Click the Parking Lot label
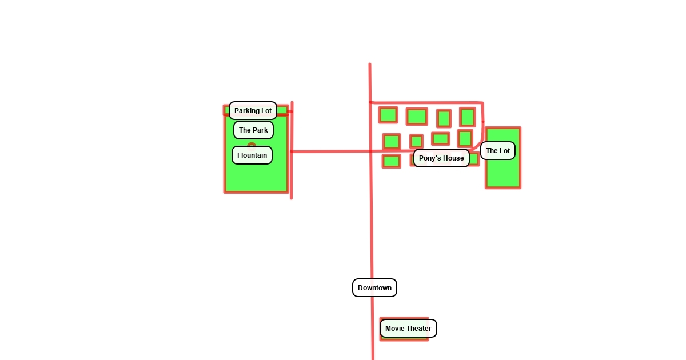pyautogui.click(x=253, y=111)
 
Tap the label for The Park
pyautogui.click(x=253, y=130)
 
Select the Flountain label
pyautogui.click(x=252, y=155)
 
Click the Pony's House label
pyautogui.click(x=441, y=158)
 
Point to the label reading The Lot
pyautogui.click(x=498, y=151)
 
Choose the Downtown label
pyautogui.click(x=374, y=288)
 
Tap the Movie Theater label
pyautogui.click(x=408, y=329)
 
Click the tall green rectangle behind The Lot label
pyautogui.click(x=503, y=174)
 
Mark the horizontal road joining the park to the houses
pyautogui.click(x=332, y=151)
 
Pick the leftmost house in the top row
pyautogui.click(x=388, y=115)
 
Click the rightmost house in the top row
pyautogui.click(x=468, y=117)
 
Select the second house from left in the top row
pyautogui.click(x=417, y=117)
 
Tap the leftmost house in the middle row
pyautogui.click(x=392, y=141)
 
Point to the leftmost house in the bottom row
pyautogui.click(x=392, y=161)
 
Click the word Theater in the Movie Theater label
pyautogui.click(x=419, y=329)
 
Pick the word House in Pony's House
pyautogui.click(x=453, y=158)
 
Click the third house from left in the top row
pyautogui.click(x=444, y=118)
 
